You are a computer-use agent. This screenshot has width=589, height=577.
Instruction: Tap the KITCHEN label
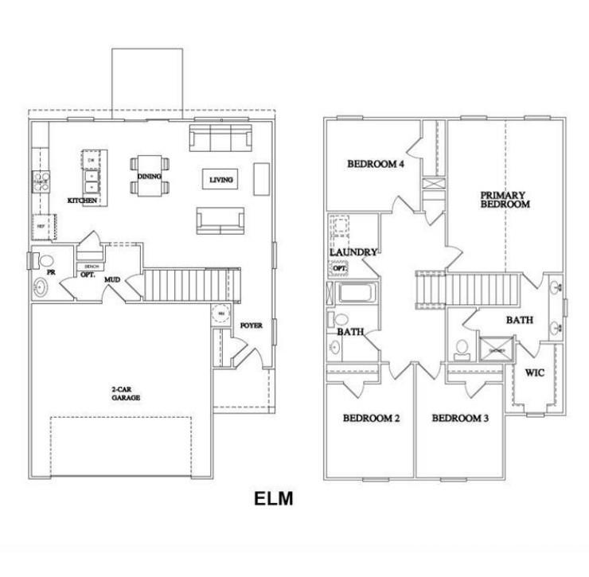(x=82, y=201)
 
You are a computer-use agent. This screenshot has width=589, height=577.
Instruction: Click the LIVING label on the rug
(x=221, y=180)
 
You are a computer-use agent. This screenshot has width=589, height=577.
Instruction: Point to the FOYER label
(x=251, y=325)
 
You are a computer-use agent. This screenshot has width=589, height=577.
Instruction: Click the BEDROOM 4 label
(x=376, y=165)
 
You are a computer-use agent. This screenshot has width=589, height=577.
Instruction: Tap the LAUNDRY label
(x=353, y=252)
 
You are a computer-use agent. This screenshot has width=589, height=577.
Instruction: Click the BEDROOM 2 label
(x=370, y=418)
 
